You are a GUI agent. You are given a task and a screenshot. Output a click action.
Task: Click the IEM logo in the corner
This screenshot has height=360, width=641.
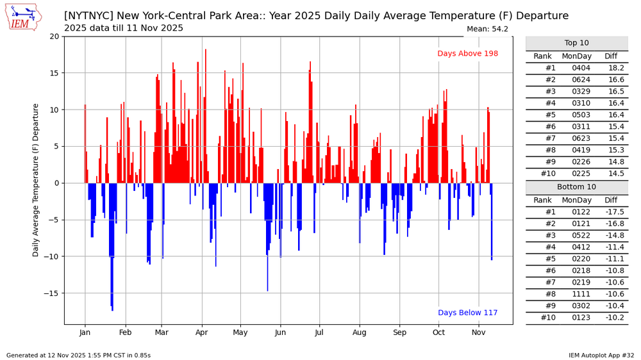coord(24,17)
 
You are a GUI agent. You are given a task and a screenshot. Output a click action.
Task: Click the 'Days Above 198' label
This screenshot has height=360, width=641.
coord(467,54)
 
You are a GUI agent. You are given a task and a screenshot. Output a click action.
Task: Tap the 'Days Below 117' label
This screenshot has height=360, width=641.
coord(467,313)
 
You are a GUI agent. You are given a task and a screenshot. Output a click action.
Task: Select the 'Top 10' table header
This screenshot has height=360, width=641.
coord(576,44)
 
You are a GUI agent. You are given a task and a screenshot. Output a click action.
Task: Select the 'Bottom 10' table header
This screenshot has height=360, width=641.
coord(576,188)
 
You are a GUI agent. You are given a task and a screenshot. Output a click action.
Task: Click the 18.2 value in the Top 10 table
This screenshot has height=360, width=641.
coord(615,68)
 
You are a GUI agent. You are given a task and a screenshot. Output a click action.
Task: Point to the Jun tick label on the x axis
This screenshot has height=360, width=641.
coord(280,333)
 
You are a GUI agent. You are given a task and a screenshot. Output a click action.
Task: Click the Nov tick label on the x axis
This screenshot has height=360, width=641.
coord(479,333)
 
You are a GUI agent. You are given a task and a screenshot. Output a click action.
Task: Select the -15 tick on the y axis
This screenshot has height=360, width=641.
coord(53,293)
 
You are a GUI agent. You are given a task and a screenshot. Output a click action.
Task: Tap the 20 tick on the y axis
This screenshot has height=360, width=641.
coord(54,37)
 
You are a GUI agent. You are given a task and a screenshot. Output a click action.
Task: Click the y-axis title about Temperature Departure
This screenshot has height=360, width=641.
coord(37,180)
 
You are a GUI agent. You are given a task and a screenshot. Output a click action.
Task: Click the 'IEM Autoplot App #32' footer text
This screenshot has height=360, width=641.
coord(601,355)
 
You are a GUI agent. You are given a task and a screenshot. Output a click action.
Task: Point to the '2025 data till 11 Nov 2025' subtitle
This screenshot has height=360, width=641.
coord(124,28)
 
